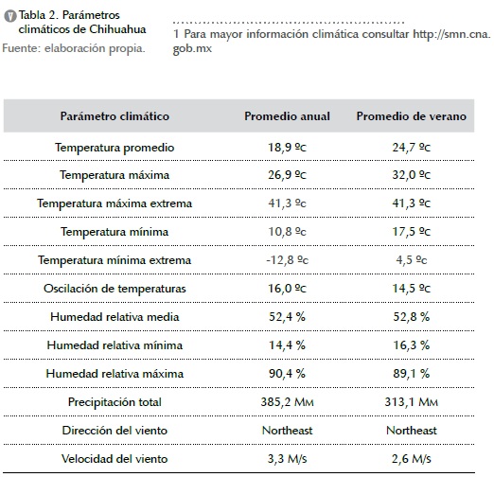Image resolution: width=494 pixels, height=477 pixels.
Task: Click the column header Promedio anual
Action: (x=287, y=116)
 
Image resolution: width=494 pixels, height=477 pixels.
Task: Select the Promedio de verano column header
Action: (x=412, y=116)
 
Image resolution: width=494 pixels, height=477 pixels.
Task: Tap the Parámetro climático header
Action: (x=115, y=116)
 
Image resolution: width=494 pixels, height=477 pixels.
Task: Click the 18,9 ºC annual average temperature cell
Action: (x=287, y=148)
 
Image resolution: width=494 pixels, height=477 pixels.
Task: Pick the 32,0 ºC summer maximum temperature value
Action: (x=412, y=175)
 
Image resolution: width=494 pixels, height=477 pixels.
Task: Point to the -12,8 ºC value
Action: (x=287, y=260)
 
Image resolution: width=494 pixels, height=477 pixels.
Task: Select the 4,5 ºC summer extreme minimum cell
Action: (x=412, y=260)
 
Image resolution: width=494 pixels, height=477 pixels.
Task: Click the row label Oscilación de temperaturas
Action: (x=115, y=289)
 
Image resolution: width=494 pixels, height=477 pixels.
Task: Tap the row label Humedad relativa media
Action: (x=115, y=317)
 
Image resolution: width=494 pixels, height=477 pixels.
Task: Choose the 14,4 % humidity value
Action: (x=287, y=345)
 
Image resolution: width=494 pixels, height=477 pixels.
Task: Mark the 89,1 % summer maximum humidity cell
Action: (x=412, y=374)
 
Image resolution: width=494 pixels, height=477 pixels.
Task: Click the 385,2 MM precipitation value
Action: (x=287, y=402)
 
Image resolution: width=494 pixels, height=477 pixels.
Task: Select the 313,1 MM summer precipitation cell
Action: (x=412, y=402)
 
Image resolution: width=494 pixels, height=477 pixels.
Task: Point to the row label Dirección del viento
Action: (x=115, y=431)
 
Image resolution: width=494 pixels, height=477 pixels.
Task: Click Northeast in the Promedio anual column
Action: (x=287, y=431)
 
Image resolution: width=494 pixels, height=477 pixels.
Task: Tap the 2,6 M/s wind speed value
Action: (x=412, y=459)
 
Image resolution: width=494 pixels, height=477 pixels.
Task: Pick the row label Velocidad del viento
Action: (x=115, y=459)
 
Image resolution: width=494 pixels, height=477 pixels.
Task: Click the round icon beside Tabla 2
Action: (x=10, y=16)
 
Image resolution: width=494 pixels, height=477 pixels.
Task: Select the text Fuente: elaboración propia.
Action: (x=74, y=48)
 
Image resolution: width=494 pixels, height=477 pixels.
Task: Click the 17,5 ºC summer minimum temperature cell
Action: (x=412, y=232)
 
